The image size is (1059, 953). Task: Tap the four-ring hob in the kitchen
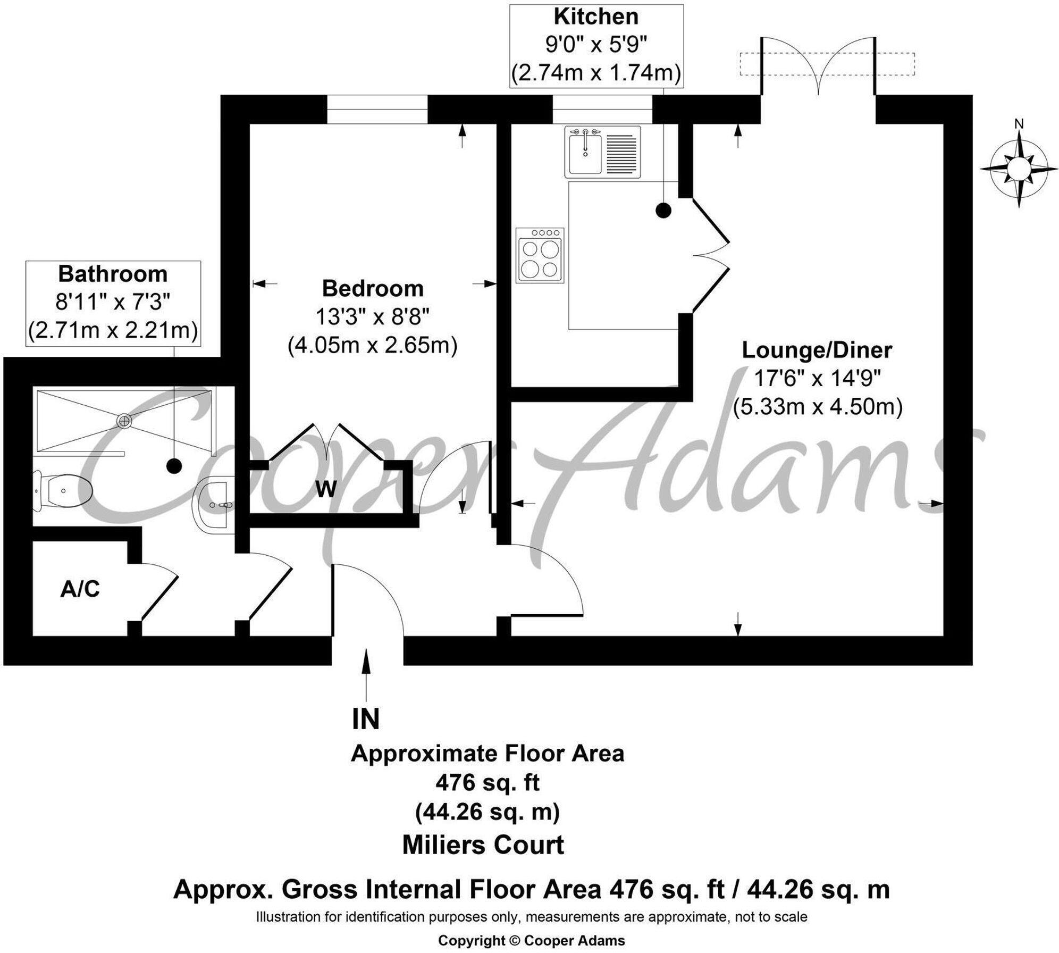point(540,255)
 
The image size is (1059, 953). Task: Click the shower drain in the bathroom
point(125,421)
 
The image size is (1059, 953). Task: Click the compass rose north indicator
point(1019,125)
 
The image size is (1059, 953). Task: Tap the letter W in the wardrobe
point(326,489)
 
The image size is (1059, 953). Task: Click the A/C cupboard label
point(80,589)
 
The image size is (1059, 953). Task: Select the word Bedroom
point(373,289)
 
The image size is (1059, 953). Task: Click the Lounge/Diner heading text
point(817,350)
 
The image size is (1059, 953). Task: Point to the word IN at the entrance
point(366,719)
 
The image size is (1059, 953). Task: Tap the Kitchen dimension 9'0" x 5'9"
point(596,45)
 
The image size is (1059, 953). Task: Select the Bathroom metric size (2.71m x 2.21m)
point(113,331)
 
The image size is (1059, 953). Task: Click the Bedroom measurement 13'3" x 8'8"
point(373,317)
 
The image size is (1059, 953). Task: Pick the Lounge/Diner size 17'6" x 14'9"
point(818,379)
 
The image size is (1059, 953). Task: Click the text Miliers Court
point(483,845)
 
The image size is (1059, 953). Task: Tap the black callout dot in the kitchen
point(663,211)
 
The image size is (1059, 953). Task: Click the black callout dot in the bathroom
point(174,466)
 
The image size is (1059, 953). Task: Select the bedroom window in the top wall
point(377,109)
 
